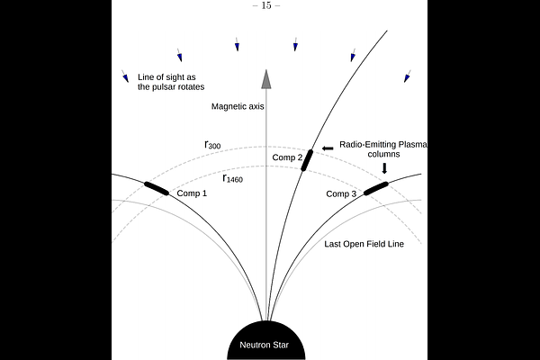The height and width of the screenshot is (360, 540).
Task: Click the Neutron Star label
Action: click(x=264, y=345)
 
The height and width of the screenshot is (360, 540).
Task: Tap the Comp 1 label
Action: click(x=192, y=193)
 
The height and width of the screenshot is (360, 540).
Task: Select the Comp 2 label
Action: click(x=287, y=157)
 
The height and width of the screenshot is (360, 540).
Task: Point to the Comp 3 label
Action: click(x=341, y=194)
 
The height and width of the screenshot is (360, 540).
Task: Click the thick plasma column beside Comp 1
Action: click(x=157, y=189)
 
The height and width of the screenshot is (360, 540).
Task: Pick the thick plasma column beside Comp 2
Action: click(x=307, y=160)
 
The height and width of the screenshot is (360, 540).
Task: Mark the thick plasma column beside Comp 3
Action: click(x=376, y=189)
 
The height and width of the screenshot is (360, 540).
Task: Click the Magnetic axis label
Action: click(x=238, y=106)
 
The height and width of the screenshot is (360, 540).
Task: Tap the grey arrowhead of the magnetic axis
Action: click(x=266, y=79)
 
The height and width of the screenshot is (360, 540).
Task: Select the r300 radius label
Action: click(x=212, y=145)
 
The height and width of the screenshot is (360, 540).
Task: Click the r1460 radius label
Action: click(x=233, y=178)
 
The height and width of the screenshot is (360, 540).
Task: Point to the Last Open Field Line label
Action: click(x=364, y=244)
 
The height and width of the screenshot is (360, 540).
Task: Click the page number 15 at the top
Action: click(x=266, y=5)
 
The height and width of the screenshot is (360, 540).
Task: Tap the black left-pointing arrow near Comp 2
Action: click(x=328, y=148)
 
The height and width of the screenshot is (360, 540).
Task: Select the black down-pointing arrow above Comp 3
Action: click(x=384, y=168)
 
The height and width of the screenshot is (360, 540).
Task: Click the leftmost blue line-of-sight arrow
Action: click(x=125, y=76)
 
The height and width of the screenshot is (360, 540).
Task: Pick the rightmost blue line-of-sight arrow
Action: click(x=408, y=76)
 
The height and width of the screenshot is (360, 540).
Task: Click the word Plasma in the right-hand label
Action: click(x=414, y=144)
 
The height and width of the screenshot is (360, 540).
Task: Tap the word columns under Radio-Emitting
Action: click(x=383, y=154)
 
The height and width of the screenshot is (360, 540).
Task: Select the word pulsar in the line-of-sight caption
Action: click(x=162, y=86)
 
